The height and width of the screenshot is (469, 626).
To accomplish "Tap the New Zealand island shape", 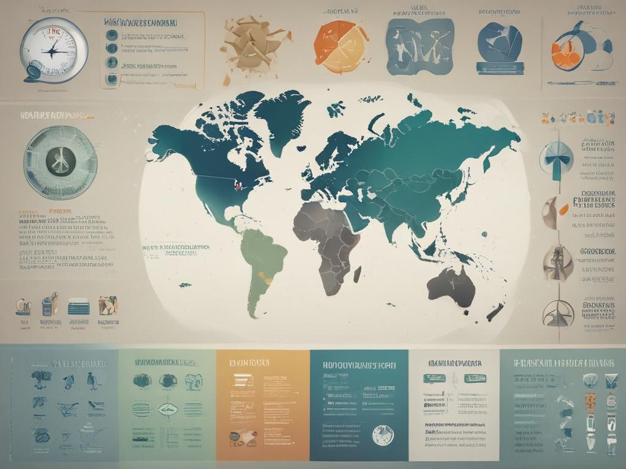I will (494, 313).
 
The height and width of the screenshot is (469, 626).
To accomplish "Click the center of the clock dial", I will (54, 49).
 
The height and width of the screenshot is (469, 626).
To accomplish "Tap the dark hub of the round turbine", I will (60, 162).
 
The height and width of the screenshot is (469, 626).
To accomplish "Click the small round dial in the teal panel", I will (383, 434).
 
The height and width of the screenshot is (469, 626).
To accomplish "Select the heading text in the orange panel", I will (249, 362).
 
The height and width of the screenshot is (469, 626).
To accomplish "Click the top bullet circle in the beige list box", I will (112, 33).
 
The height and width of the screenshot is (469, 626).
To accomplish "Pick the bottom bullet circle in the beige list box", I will (112, 78).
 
